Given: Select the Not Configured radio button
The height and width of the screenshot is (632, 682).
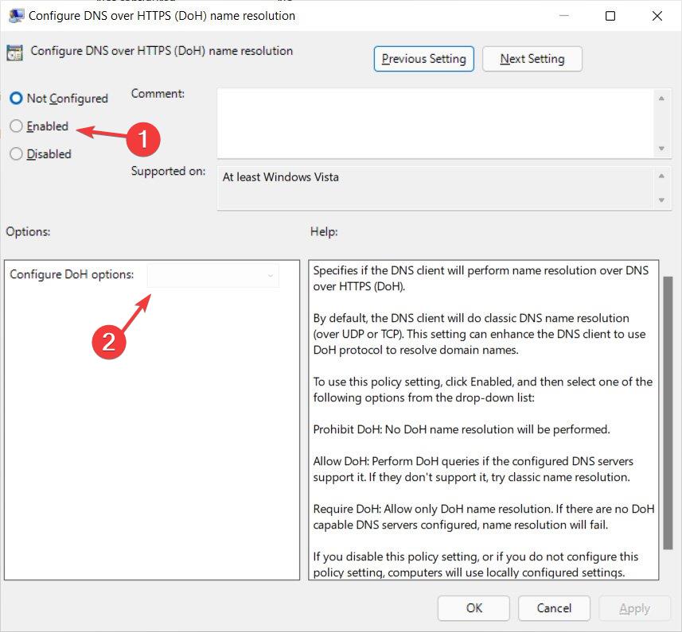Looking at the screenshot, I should pos(16,99).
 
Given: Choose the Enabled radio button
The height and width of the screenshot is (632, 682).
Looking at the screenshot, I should pos(16,126).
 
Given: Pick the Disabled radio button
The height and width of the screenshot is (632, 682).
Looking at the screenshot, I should pos(16,154).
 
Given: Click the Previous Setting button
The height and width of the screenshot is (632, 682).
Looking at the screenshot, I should pos(424,59).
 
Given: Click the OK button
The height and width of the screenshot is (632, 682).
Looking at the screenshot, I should pos(474,608).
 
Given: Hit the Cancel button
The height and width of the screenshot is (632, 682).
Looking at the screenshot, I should pos(554,608).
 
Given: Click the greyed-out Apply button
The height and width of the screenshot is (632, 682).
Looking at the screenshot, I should pos(634,608).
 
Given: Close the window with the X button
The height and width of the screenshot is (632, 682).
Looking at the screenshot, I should pos(657,16).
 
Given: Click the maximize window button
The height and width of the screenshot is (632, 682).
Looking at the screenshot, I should pos(610,16).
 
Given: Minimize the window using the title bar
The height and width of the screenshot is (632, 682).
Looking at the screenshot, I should pos(564,16).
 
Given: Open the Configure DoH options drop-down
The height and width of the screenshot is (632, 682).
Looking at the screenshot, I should pos(213,275).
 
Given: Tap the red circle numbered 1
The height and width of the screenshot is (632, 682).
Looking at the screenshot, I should pos(143,139).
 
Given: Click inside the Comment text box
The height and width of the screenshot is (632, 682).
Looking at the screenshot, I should pos(435,122).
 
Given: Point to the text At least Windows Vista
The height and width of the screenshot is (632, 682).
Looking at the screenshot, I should pos(280,177).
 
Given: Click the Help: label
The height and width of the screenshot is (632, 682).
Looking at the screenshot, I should pos(324,232).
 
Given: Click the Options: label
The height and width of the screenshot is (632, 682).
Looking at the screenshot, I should pos(28,232).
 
